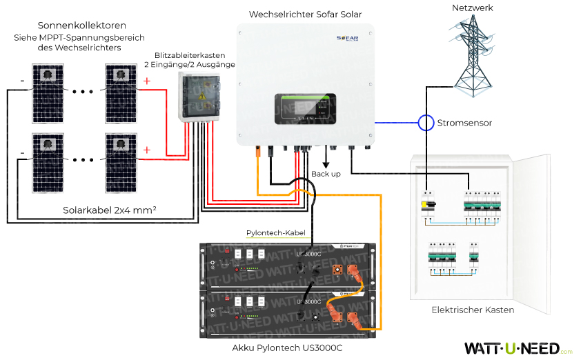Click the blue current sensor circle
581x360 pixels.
pos(426,123)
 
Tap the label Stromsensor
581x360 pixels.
pos(464,123)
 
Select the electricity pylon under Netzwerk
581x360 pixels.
pos(472,52)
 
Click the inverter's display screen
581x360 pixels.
pos(304,109)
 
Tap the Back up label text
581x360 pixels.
pos(326,174)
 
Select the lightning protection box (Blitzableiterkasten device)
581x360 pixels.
pos(199,97)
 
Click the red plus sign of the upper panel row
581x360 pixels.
pos(146,81)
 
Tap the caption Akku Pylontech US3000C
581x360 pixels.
pos(287,348)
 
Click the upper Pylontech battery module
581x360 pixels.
pos(286,266)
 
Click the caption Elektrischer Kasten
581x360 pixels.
pos(473,310)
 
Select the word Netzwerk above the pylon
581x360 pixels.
pos(473,8)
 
